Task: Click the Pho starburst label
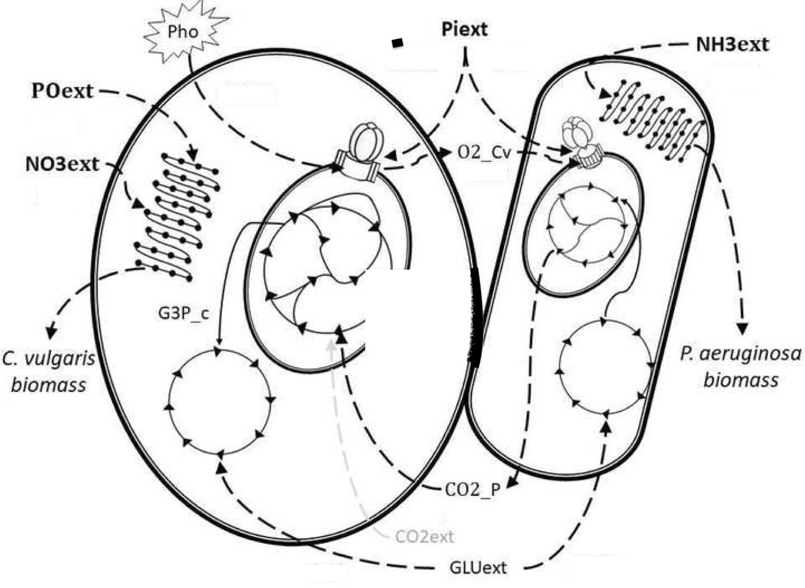pyautogui.click(x=183, y=32)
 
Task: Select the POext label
pyautogui.click(x=62, y=91)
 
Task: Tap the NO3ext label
pyautogui.click(x=62, y=163)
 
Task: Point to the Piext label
pyautogui.click(x=464, y=29)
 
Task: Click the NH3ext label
pyautogui.click(x=732, y=44)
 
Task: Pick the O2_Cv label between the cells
pyautogui.click(x=484, y=152)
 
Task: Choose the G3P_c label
pyautogui.click(x=183, y=312)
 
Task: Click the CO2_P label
pyautogui.click(x=472, y=489)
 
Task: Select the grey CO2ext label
pyautogui.click(x=424, y=536)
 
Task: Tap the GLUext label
pyautogui.click(x=478, y=567)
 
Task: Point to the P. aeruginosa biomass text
pyautogui.click(x=741, y=367)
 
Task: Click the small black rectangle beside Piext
pyautogui.click(x=397, y=43)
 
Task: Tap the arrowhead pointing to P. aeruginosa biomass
pyautogui.click(x=743, y=328)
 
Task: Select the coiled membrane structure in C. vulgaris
pyautogui.click(x=177, y=217)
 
